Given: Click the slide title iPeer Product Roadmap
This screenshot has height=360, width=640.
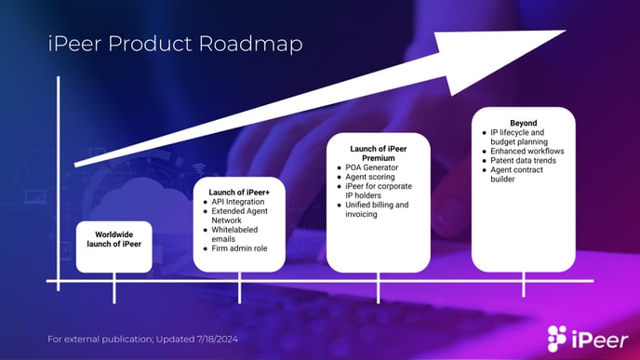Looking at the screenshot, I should tap(175, 45).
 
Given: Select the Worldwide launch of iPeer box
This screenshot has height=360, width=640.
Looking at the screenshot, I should tap(113, 239).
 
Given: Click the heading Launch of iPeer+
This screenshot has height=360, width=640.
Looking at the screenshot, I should tap(238, 193).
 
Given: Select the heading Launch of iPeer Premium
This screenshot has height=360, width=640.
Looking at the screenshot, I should tap(378, 153).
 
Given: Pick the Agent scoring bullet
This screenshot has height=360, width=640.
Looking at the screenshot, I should tap(371, 177).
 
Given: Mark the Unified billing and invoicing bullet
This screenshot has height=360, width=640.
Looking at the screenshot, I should tap(378, 209).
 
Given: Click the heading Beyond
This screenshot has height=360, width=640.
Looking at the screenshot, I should tap(524, 123).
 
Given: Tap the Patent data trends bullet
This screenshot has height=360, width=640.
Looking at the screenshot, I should tap(527, 160).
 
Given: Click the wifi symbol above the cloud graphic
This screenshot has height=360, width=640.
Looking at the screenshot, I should tap(198, 169).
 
